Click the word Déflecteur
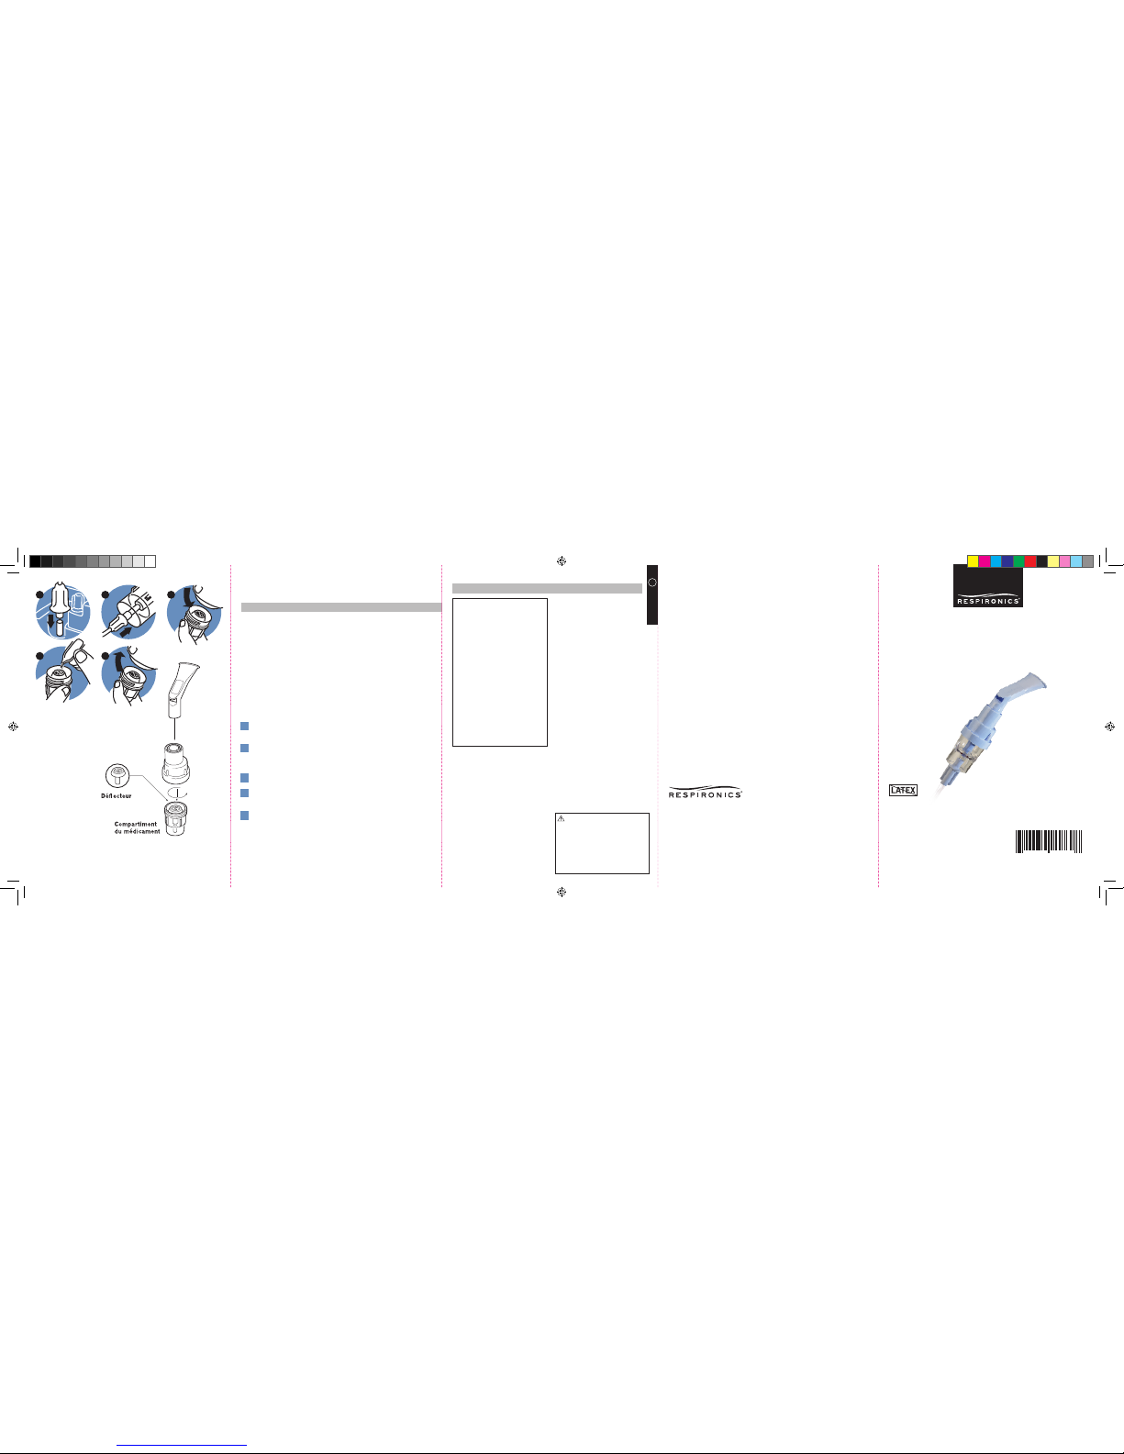click(117, 795)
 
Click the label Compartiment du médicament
click(137, 827)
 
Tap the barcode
click(1049, 841)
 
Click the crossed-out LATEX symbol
click(903, 790)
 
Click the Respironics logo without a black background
click(706, 793)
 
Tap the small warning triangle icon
click(561, 818)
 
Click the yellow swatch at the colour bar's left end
click(974, 561)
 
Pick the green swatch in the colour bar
click(1019, 561)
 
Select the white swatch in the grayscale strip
click(150, 561)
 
